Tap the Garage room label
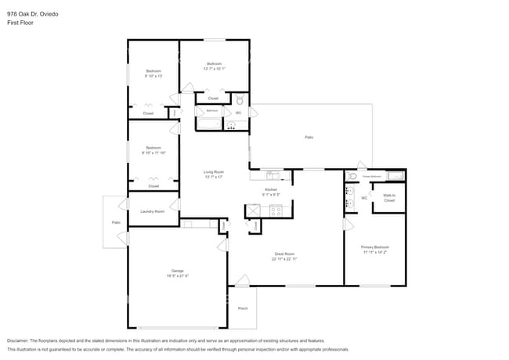point(178,270)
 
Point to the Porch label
point(243,308)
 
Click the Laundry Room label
point(152,211)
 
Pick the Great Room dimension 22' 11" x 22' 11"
point(284,258)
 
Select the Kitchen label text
point(271,189)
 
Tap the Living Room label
point(214,171)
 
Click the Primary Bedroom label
point(374,247)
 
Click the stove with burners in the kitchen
point(276,210)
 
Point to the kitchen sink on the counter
point(272,174)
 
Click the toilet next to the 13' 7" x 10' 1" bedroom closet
point(240,101)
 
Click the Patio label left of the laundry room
point(115,223)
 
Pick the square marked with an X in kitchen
point(254,210)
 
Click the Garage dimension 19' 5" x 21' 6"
point(178,275)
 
